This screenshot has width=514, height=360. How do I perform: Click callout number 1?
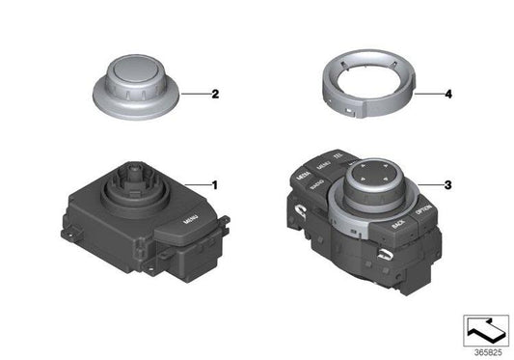point(215,183)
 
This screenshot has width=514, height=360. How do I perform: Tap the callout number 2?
point(214,95)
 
